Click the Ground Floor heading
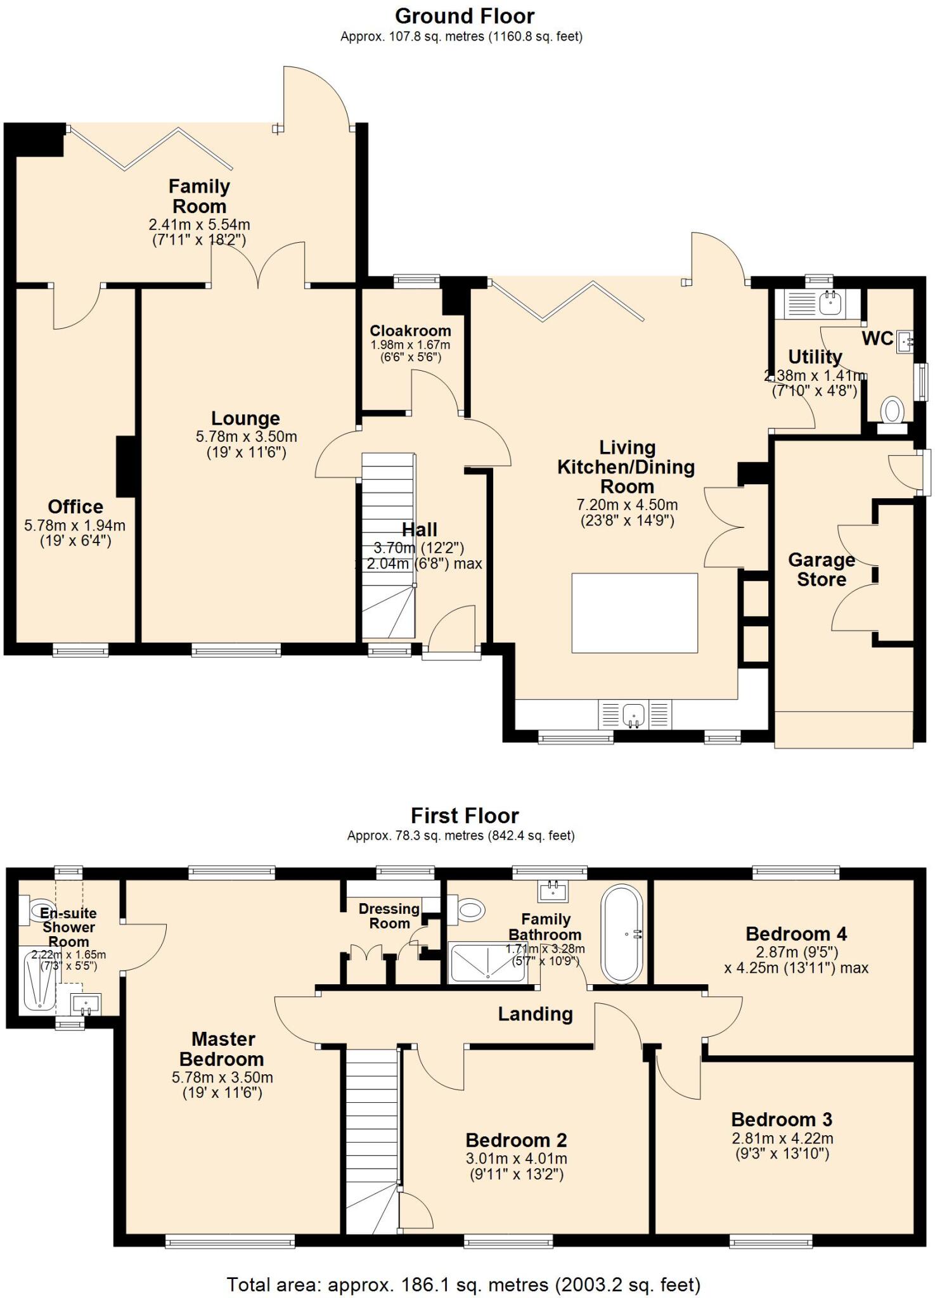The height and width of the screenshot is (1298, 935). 465,16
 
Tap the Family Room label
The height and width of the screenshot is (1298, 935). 199,196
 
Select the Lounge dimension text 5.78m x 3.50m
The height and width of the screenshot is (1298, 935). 246,437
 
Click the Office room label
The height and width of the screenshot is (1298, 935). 75,506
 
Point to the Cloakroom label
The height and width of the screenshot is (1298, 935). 410,331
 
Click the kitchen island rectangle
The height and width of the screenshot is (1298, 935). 635,613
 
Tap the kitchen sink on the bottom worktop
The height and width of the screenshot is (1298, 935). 634,714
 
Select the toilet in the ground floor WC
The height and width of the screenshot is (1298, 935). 893,411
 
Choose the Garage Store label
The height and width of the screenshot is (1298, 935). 822,570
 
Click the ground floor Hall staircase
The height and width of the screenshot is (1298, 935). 388,545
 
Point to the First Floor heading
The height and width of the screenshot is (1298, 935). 465,815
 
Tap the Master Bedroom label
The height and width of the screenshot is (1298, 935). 222,1049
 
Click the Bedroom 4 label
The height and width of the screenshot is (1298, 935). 796,934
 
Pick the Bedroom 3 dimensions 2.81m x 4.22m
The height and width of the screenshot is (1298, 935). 782,1138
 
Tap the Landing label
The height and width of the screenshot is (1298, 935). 535,1015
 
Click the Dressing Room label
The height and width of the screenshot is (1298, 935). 389,916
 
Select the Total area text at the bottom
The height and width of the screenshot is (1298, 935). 463,1285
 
